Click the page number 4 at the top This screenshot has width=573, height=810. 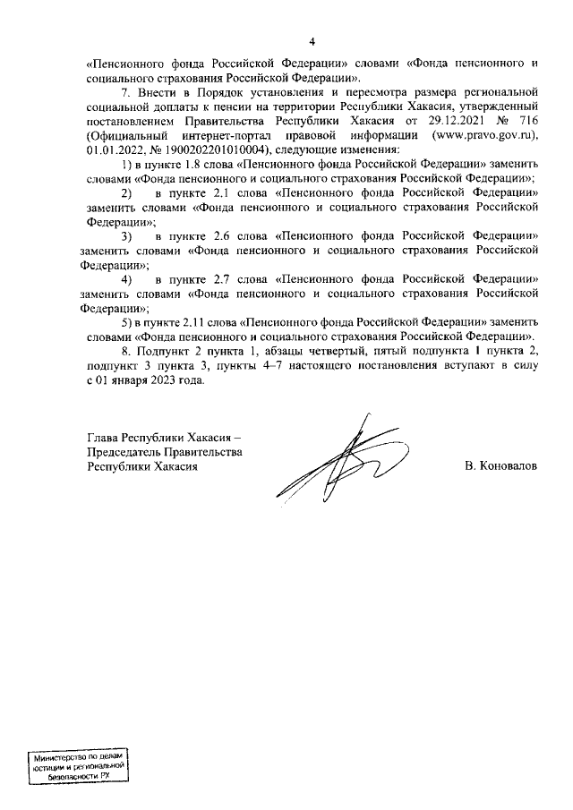click(312, 41)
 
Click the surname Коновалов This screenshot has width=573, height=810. click(500, 467)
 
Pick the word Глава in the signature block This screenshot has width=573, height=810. click(102, 439)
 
